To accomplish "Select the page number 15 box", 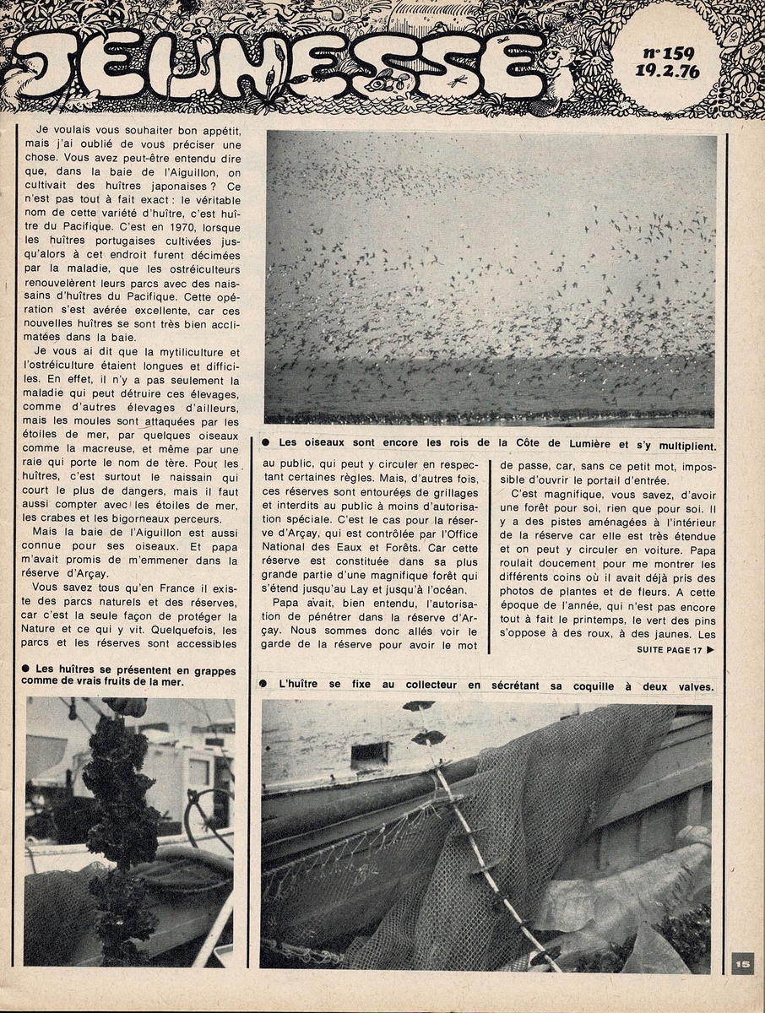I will tap(742, 963).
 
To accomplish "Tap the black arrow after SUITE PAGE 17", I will tap(710, 650).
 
